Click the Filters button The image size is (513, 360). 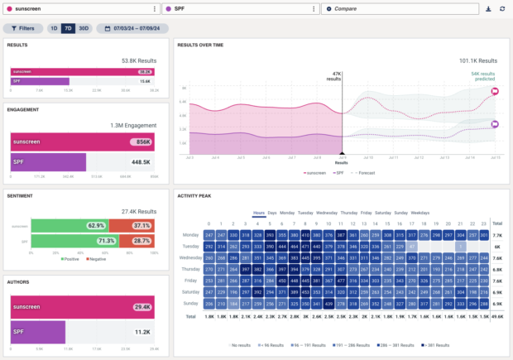(23, 28)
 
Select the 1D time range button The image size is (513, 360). (54, 28)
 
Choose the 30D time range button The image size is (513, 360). (83, 28)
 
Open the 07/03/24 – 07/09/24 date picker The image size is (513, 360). (132, 28)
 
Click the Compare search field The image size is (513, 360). (400, 8)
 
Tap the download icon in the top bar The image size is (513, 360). (488, 8)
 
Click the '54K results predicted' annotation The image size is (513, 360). (482, 76)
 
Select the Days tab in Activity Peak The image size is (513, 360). (273, 213)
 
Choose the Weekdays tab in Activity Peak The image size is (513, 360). (420, 213)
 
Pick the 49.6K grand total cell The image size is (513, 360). (496, 315)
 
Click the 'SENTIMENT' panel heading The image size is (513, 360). (20, 197)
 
